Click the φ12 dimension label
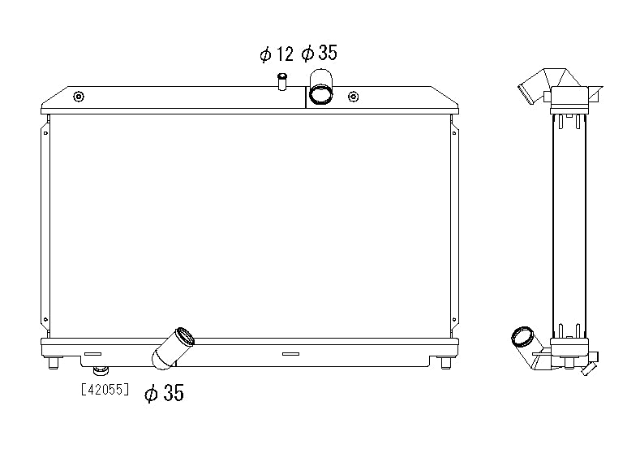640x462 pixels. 277,54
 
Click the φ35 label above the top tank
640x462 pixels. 319,53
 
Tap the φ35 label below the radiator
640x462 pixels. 164,393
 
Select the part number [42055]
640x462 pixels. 105,389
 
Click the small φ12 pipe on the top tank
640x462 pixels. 282,81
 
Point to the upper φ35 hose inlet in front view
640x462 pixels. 321,87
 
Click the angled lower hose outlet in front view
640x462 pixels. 173,348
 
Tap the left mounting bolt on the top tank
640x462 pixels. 79,97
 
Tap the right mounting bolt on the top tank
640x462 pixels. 354,97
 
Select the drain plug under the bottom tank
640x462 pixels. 101,370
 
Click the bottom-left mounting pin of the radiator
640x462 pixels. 53,362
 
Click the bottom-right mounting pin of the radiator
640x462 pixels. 445,362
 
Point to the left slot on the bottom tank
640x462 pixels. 92,354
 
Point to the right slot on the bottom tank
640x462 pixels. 290,354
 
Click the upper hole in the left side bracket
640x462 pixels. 45,133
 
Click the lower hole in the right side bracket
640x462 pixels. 454,319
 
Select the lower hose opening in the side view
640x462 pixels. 522,337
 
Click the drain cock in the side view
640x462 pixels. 591,365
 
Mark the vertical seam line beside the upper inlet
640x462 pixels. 306,97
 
